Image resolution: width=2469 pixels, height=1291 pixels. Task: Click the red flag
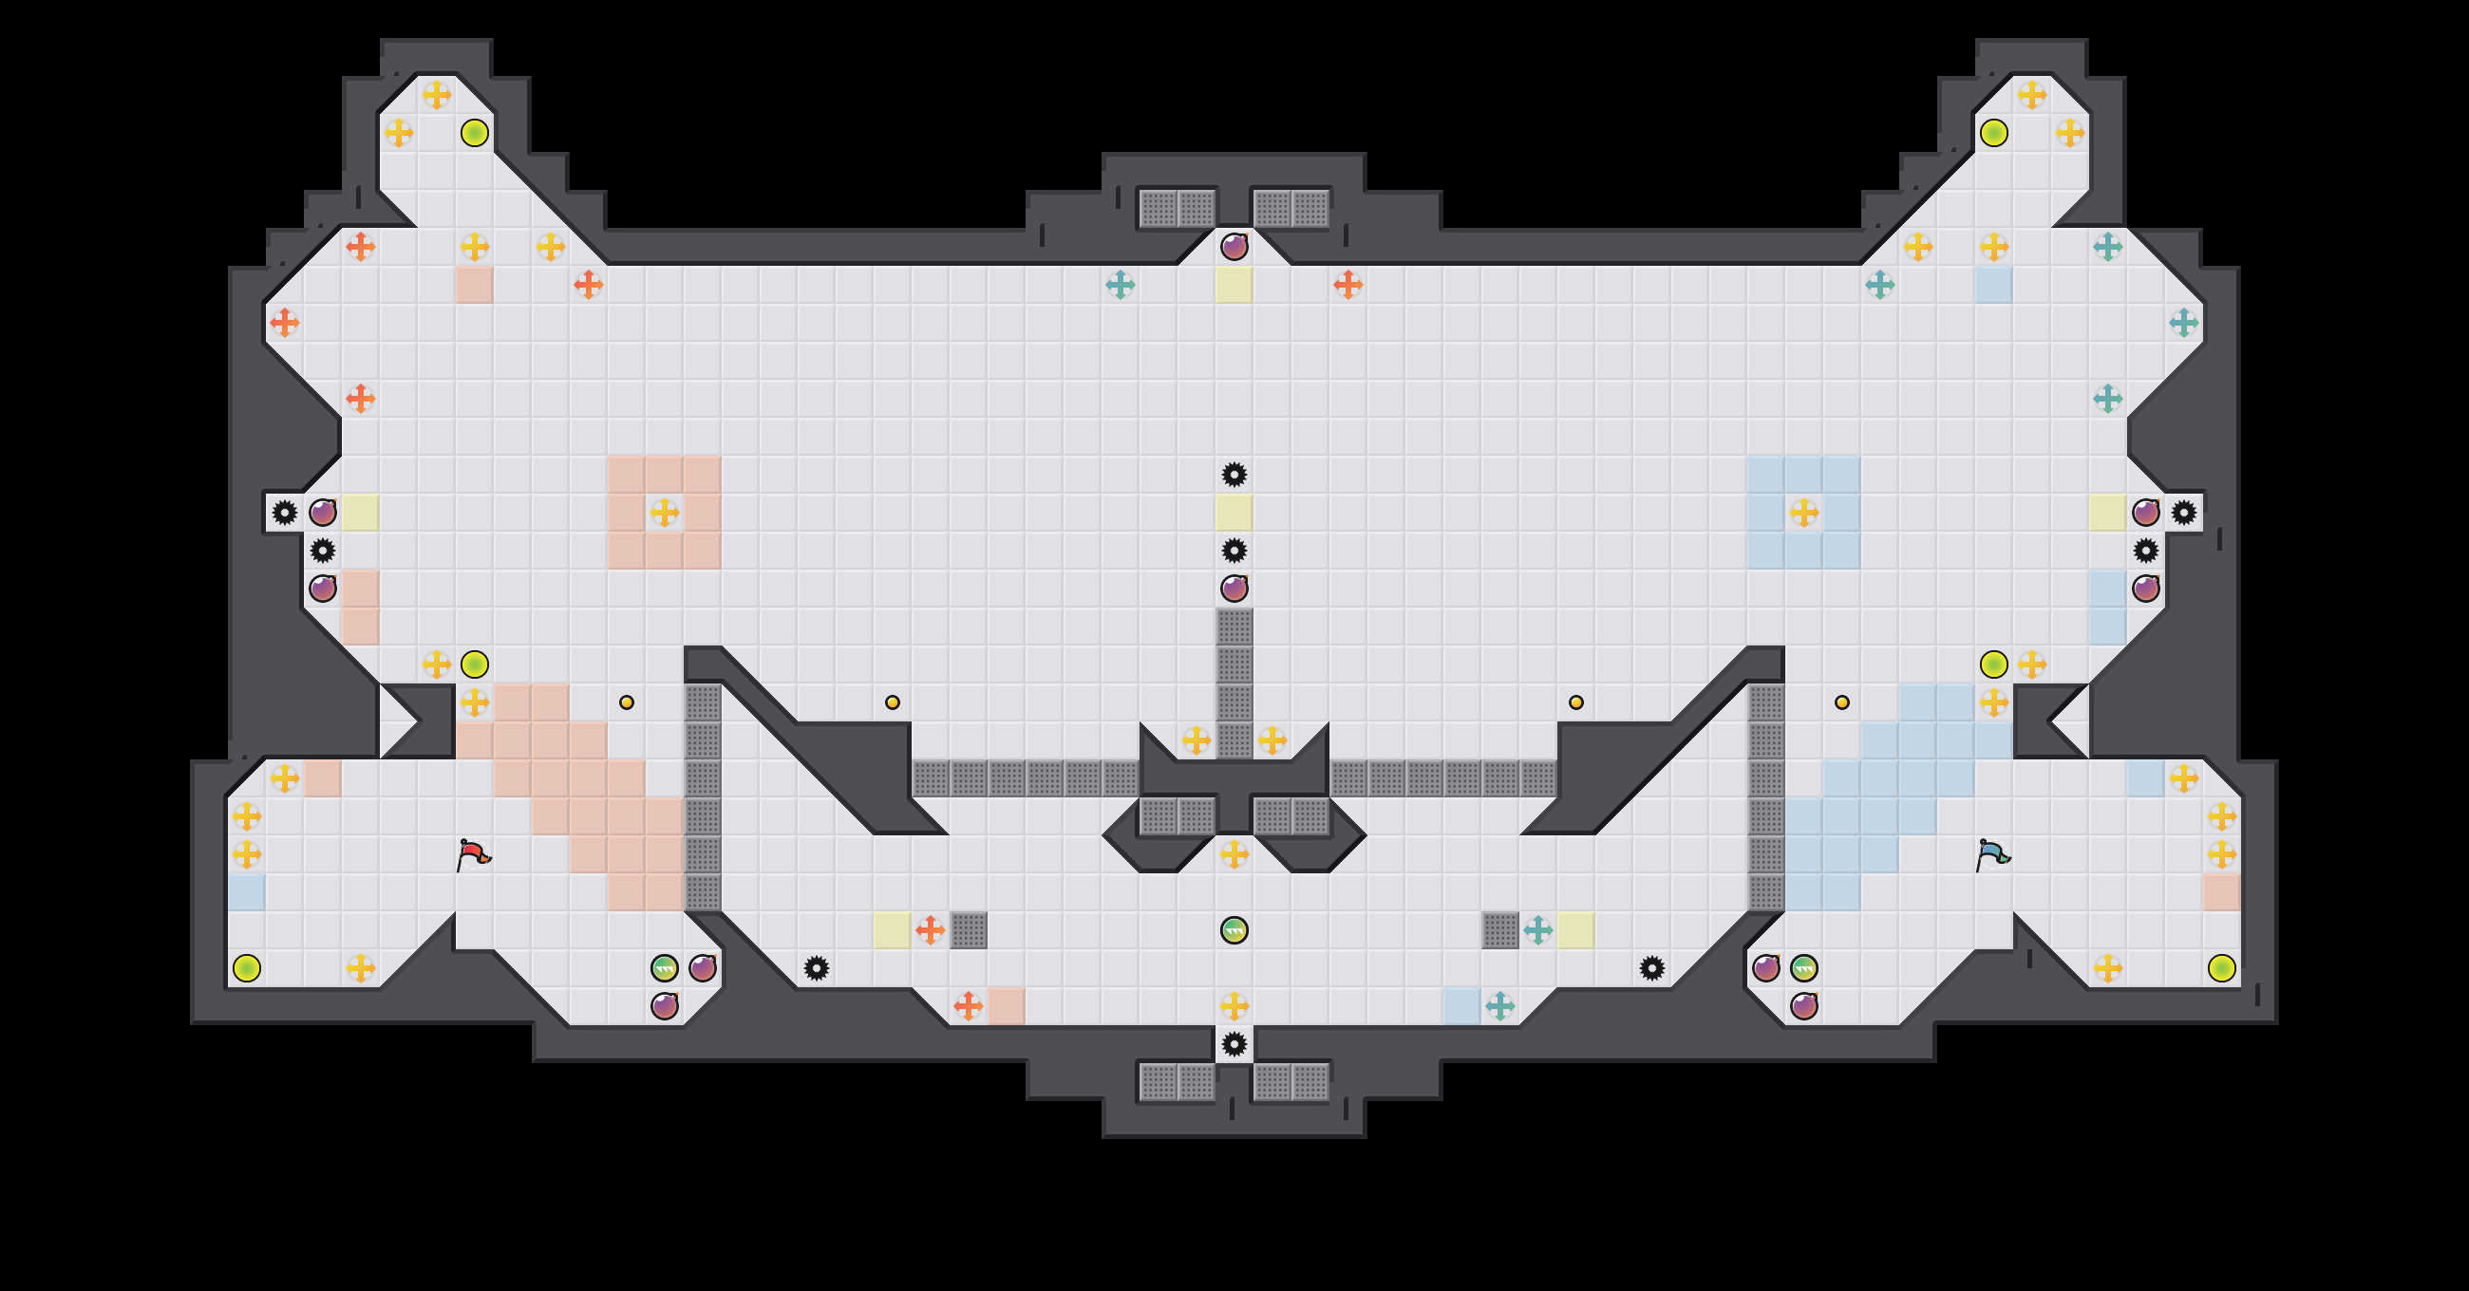click(x=474, y=854)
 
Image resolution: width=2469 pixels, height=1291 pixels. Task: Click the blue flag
click(x=1992, y=854)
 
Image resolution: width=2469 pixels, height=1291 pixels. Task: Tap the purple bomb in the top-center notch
click(x=1234, y=247)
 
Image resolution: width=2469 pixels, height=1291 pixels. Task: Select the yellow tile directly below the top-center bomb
click(x=1234, y=285)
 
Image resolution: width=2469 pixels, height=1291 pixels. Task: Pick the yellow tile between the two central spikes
click(x=1234, y=513)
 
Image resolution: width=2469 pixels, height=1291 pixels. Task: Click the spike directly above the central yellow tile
click(x=1234, y=475)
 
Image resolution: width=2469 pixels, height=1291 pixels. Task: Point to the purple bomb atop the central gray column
click(x=1234, y=589)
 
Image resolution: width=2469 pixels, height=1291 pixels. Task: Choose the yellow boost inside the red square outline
click(x=664, y=513)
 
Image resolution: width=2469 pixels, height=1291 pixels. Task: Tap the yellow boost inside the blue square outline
click(x=1803, y=513)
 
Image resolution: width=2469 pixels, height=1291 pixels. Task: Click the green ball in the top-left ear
click(x=475, y=133)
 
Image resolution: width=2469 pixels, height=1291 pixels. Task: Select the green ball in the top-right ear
click(x=1993, y=133)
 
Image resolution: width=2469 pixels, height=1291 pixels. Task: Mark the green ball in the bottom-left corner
click(x=246, y=968)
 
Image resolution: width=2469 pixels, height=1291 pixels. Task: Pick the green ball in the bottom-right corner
click(x=2222, y=968)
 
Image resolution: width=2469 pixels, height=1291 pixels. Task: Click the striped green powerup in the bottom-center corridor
click(x=1234, y=929)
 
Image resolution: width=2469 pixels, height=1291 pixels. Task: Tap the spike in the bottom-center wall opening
click(x=1234, y=1044)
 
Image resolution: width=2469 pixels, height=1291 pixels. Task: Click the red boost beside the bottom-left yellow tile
click(x=930, y=929)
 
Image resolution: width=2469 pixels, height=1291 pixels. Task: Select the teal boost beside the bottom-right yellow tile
click(x=1537, y=929)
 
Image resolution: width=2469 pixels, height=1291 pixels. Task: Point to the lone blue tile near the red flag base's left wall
click(x=246, y=892)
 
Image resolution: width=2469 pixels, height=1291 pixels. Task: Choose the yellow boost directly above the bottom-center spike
click(x=1234, y=1006)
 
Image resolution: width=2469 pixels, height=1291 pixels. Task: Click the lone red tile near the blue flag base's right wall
click(x=2221, y=892)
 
